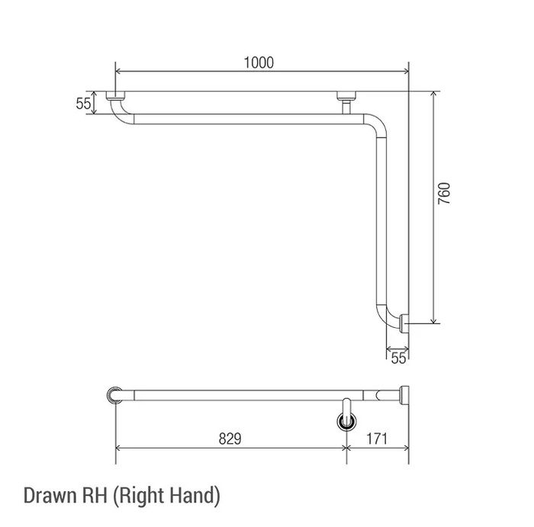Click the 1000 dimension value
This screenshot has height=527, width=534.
tap(259, 63)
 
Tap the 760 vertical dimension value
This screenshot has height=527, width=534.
tap(444, 194)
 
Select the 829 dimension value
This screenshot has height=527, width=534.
tap(230, 439)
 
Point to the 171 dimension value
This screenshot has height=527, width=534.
tap(377, 439)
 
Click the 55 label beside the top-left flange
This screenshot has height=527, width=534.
tap(83, 104)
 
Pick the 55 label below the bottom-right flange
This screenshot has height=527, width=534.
tap(398, 358)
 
